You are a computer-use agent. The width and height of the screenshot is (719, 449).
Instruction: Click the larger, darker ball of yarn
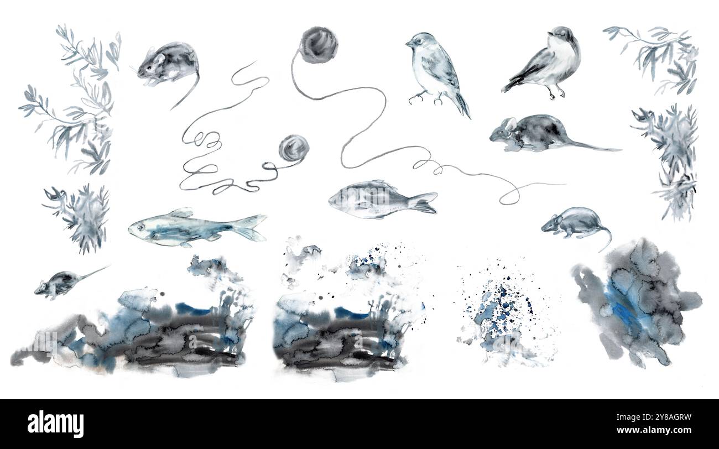(x=319, y=44)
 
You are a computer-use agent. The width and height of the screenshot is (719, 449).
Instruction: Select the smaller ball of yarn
(x=293, y=148)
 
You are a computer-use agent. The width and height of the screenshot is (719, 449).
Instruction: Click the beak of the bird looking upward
(x=549, y=33)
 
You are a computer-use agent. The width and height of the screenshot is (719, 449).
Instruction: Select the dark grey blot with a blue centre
(x=636, y=301)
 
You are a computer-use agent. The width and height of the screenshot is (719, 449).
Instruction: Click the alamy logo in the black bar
(x=56, y=424)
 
